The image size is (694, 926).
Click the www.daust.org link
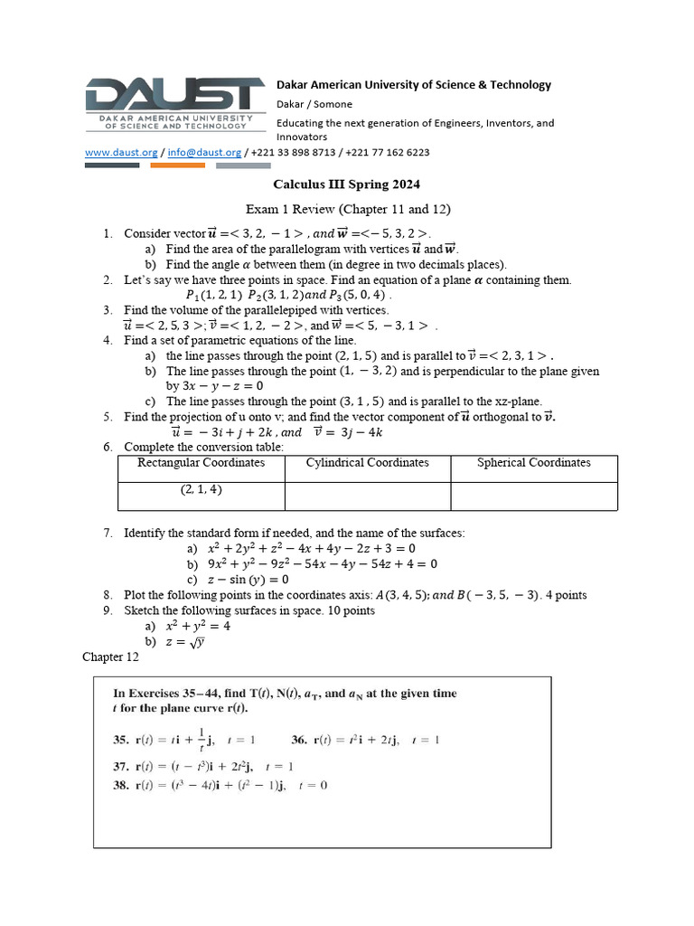click(121, 153)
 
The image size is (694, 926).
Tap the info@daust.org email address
click(204, 153)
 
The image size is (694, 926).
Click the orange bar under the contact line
click(177, 165)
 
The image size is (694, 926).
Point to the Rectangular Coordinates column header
click(201, 463)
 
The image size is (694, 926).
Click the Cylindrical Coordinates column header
click(367, 463)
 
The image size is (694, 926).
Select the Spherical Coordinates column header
click(533, 463)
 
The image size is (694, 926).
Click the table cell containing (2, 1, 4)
click(201, 489)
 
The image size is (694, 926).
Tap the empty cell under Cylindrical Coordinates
click(367, 496)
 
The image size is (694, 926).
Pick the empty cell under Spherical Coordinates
click(533, 496)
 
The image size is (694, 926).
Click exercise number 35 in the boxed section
click(120, 740)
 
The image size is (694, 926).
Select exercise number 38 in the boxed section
click(120, 785)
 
